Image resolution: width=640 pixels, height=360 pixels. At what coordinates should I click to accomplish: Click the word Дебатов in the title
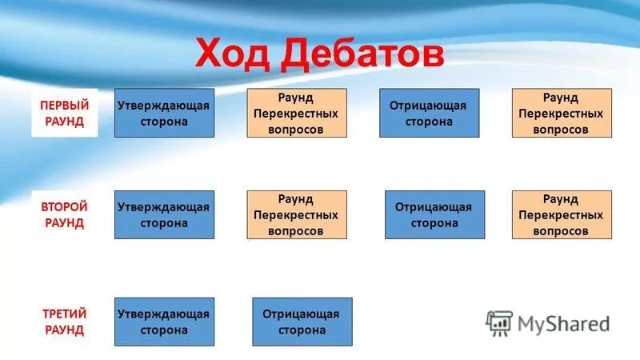pyautogui.click(x=361, y=55)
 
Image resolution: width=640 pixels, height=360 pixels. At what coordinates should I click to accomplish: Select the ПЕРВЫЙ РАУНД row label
pyautogui.click(x=65, y=113)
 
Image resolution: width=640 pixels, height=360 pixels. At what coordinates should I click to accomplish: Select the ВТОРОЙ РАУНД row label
pyautogui.click(x=65, y=214)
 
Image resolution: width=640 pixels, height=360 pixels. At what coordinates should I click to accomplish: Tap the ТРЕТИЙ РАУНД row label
pyautogui.click(x=65, y=322)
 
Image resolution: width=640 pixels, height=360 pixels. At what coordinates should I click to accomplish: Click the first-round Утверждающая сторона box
pyautogui.click(x=164, y=113)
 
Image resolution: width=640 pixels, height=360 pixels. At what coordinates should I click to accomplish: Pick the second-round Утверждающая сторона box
pyautogui.click(x=164, y=214)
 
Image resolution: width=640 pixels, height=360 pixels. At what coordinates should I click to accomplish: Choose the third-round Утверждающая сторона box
pyautogui.click(x=164, y=322)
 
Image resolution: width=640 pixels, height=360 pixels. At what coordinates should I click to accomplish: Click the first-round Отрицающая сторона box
pyautogui.click(x=429, y=113)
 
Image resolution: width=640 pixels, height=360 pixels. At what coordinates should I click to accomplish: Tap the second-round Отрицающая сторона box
pyautogui.click(x=434, y=214)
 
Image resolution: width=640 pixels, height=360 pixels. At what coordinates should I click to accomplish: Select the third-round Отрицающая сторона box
pyautogui.click(x=302, y=322)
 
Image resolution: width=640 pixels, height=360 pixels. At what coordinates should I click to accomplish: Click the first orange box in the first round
pyautogui.click(x=296, y=113)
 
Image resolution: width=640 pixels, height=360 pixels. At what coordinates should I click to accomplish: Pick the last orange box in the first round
pyautogui.click(x=561, y=113)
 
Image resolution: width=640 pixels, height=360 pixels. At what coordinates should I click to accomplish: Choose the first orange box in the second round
pyautogui.click(x=296, y=214)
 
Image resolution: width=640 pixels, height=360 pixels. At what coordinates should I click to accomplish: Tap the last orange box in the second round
pyautogui.click(x=561, y=214)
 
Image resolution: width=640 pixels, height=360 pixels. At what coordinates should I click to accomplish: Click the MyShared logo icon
pyautogui.click(x=499, y=322)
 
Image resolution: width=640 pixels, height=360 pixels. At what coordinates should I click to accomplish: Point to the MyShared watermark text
pyautogui.click(x=563, y=323)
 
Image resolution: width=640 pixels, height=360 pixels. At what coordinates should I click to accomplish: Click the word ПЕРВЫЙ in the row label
pyautogui.click(x=65, y=105)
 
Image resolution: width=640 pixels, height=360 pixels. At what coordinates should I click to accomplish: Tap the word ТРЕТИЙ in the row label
pyautogui.click(x=65, y=314)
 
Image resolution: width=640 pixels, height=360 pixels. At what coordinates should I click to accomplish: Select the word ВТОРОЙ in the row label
pyautogui.click(x=65, y=206)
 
